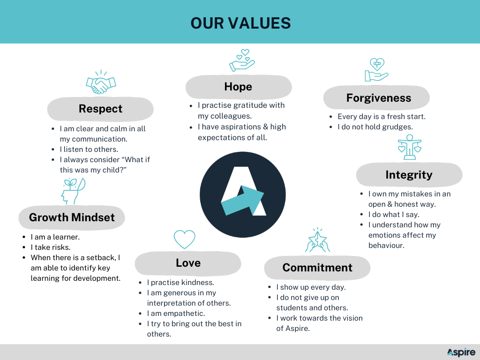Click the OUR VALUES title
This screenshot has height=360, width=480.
coord(240,23)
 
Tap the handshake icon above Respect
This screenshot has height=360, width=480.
coord(101,82)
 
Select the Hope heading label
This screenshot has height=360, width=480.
coord(238,87)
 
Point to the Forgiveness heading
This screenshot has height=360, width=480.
coord(379,98)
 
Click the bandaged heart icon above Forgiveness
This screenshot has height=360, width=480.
coord(376,70)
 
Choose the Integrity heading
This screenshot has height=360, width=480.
coord(409,175)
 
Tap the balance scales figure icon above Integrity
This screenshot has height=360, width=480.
coord(410,147)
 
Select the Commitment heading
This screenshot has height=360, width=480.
coord(317,268)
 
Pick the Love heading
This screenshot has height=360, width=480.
coord(188,263)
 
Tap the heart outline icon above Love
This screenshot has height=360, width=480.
coord(185,239)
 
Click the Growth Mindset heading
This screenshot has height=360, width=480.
coord(72,217)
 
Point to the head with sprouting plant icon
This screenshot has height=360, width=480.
coord(73,191)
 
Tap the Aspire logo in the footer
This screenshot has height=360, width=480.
coord(461,352)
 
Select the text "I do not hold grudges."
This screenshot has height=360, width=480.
coord(375,127)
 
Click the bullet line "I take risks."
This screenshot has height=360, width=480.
coord(51,247)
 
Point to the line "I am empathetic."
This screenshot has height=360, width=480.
coord(176,314)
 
